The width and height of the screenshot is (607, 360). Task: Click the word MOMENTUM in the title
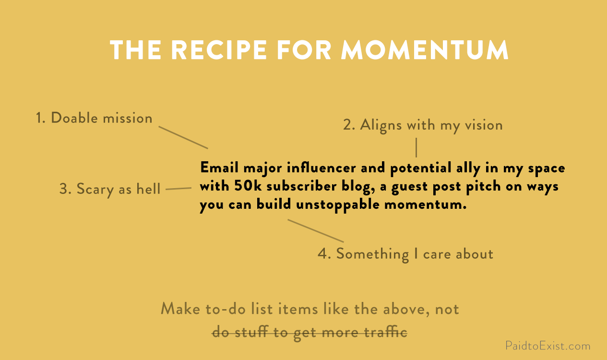[x=425, y=50]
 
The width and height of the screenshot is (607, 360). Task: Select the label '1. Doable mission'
[x=94, y=118]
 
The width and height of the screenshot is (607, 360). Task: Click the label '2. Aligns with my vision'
[x=423, y=125]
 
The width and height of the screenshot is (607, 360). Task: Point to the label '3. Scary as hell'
[x=110, y=189]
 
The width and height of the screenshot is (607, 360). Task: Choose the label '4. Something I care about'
[x=405, y=254]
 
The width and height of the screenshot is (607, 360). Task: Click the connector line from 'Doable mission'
[x=183, y=137]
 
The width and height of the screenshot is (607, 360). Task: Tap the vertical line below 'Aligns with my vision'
[x=416, y=147]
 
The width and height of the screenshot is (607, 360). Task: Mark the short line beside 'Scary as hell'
[x=179, y=189]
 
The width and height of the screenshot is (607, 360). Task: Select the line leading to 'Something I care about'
[x=316, y=231]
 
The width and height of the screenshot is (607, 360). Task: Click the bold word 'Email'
[x=219, y=168]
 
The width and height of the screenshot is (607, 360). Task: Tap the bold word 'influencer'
[x=321, y=168]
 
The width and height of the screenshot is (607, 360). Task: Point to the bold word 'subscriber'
[x=302, y=186]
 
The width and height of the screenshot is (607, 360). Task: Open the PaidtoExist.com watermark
[x=548, y=346]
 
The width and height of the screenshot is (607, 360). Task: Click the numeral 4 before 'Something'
[x=322, y=254]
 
